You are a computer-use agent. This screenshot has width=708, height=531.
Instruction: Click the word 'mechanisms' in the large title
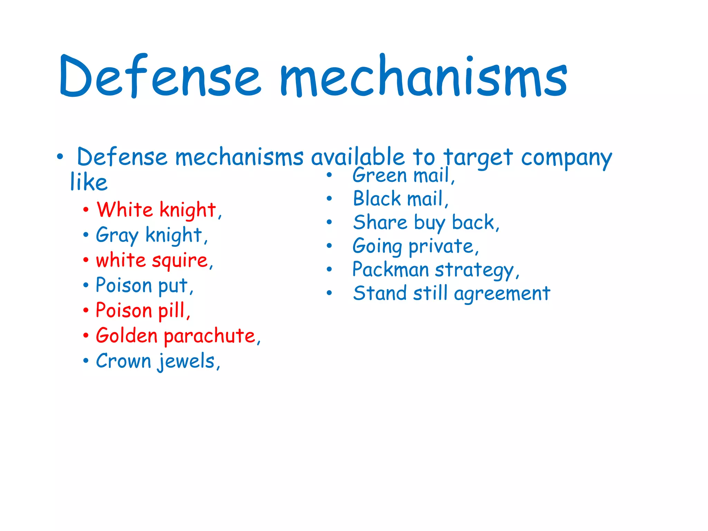423,76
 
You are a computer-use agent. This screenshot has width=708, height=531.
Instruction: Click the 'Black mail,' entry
401,199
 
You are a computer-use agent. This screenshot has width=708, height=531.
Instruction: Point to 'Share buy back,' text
426,223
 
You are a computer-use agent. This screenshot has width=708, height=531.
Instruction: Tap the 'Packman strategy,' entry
436,270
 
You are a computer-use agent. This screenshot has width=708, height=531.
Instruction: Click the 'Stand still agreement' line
451,294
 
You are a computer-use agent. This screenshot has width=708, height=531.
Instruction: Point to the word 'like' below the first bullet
89,182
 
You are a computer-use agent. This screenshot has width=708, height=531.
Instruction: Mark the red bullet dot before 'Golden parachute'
86,335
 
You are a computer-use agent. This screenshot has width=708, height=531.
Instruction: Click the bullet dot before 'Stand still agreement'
329,293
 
